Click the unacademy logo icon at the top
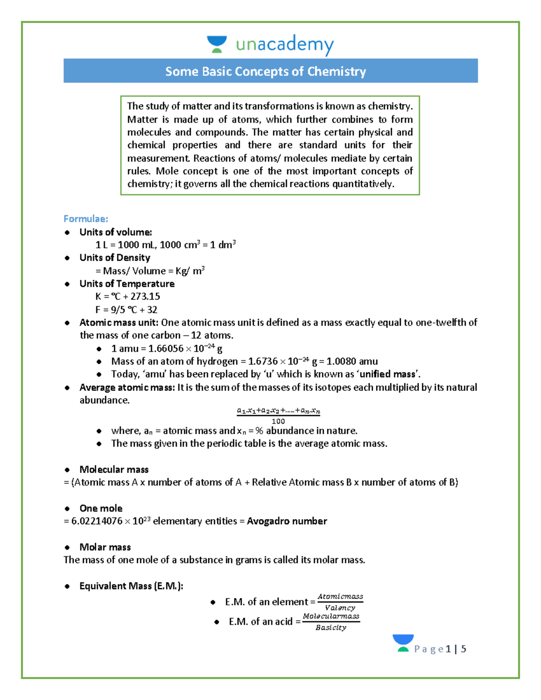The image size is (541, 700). click(216, 44)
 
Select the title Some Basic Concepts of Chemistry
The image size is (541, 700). click(266, 71)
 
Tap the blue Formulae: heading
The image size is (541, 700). click(86, 219)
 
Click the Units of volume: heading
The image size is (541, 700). click(115, 232)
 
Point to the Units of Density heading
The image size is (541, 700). click(115, 258)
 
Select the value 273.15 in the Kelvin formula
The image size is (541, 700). click(145, 297)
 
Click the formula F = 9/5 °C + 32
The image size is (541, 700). click(126, 310)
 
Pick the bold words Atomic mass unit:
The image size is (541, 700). click(119, 322)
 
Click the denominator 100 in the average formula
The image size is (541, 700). click(278, 421)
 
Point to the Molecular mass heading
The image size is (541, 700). click(114, 470)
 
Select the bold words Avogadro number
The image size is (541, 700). click(287, 521)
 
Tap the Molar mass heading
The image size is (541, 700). click(105, 547)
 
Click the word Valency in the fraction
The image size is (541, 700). click(340, 608)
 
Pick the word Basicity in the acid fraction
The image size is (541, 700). click(331, 627)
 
